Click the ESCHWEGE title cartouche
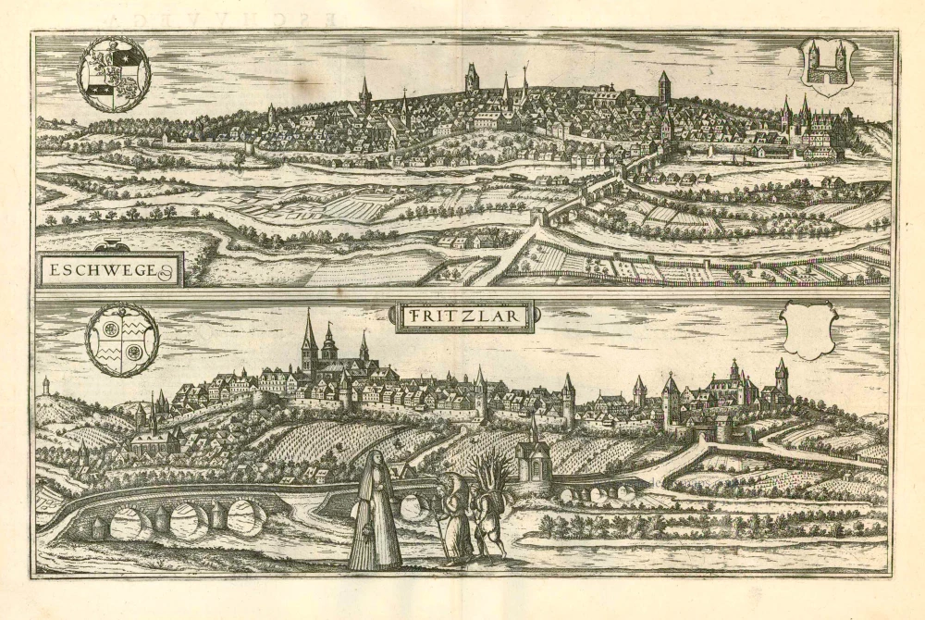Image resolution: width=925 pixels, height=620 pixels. coord(108,271)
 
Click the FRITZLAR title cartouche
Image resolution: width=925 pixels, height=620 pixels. coord(467,317)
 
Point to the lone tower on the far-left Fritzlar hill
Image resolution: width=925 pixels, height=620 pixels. coord(45,385)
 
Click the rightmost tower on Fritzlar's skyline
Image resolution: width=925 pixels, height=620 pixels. coord(782,378)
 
